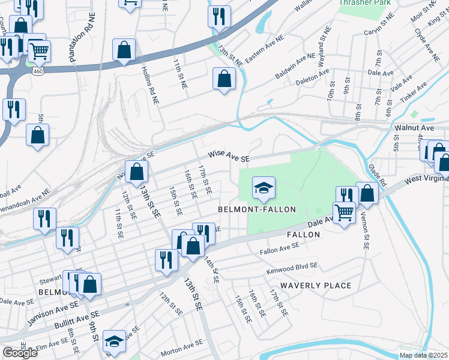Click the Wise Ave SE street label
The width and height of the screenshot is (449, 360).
click(229, 155)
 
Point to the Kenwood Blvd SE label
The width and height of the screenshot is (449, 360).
click(292, 268)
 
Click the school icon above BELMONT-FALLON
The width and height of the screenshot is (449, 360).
click(264, 188)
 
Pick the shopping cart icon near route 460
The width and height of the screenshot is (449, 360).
click(39, 52)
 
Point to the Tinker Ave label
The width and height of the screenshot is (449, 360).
click(414, 89)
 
